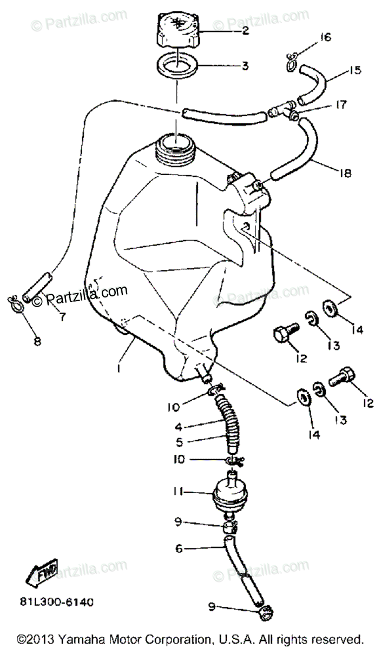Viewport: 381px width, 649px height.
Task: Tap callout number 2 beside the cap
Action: (x=245, y=31)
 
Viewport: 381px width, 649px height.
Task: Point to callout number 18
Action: (x=346, y=174)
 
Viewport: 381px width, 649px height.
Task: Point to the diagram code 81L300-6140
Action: (x=63, y=601)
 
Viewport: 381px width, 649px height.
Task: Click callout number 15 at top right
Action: (x=354, y=70)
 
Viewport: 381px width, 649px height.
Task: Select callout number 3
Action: (x=245, y=67)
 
